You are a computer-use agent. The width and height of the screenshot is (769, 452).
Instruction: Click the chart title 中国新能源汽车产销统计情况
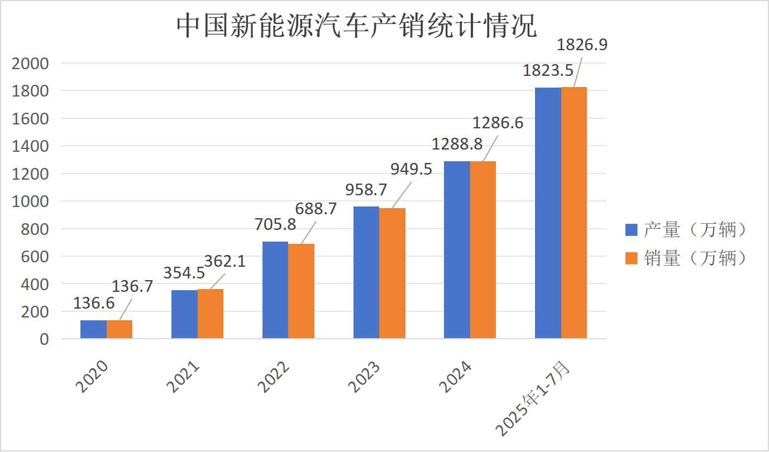click(x=357, y=26)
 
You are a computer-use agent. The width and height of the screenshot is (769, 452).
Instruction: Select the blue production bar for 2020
click(x=93, y=329)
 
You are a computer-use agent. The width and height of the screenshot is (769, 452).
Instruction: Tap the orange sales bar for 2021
click(x=211, y=314)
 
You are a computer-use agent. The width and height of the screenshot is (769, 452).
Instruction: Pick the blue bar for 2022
click(x=275, y=290)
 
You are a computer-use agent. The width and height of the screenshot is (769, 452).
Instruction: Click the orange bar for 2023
click(x=393, y=273)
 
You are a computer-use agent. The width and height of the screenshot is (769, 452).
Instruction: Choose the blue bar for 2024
click(x=457, y=250)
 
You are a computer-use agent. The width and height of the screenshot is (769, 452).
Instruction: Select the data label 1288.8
click(x=457, y=145)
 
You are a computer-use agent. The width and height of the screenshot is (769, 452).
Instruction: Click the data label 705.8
click(x=275, y=225)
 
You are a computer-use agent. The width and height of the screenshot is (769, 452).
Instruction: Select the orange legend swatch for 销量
click(x=631, y=258)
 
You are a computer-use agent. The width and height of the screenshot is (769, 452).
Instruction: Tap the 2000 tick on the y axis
click(x=30, y=64)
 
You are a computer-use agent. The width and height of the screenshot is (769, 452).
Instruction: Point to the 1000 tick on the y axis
click(x=30, y=201)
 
